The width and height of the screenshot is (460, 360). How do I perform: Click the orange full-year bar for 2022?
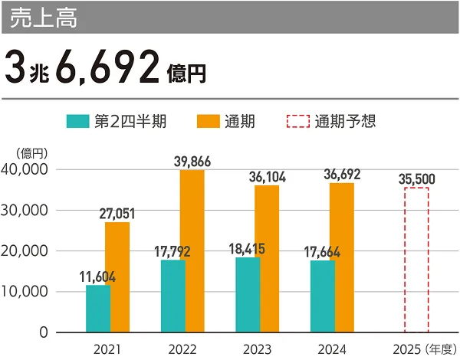tap(192, 250)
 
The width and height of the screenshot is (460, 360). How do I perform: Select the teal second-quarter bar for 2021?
tap(97, 309)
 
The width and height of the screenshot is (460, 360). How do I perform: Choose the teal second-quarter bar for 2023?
tap(248, 295)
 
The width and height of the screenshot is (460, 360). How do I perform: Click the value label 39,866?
tap(192, 161)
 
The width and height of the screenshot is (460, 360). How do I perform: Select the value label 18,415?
tap(248, 249)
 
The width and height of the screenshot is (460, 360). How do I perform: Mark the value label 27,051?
tap(118, 214)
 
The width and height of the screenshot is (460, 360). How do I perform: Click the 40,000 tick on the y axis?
tap(25, 169)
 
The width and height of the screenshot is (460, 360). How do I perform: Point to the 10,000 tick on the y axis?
tap(25, 292)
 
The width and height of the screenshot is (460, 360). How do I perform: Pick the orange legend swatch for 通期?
tap(209, 121)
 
